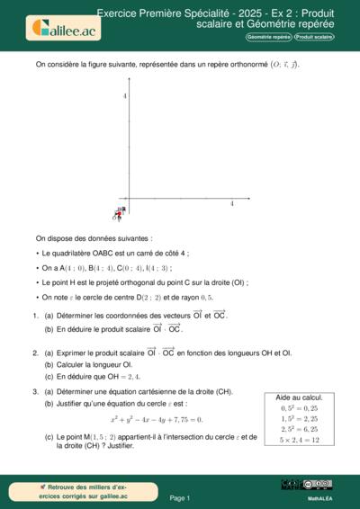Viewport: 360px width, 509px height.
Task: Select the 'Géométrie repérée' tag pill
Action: coord(268,38)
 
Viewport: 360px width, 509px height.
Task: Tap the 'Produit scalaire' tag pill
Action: coord(314,38)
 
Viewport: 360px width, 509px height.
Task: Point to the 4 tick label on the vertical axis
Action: coord(125,96)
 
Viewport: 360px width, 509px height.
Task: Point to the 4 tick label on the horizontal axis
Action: coord(232,204)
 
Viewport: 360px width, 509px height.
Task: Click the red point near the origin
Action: coord(116,214)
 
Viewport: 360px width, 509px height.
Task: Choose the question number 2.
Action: coord(34,353)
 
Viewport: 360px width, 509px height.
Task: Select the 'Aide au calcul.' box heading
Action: coord(300,397)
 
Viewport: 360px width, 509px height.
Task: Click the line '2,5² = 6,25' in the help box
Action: coord(300,429)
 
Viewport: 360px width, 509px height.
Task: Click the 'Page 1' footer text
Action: coord(180,497)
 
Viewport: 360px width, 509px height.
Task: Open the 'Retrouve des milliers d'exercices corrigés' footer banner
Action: coord(72,491)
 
